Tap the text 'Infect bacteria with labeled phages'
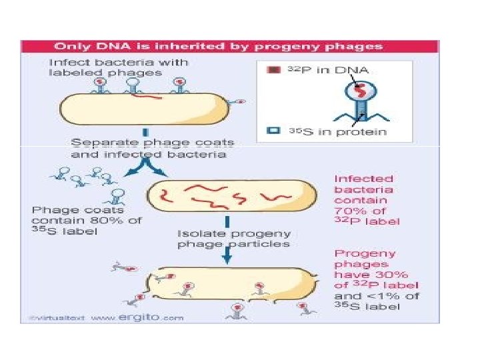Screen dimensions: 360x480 [x=119, y=67]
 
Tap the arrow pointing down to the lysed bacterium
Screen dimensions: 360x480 [x=227, y=257]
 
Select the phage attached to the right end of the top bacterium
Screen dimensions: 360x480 [x=237, y=102]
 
